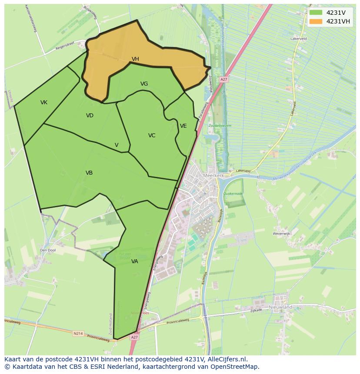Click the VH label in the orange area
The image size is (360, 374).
click(135, 59)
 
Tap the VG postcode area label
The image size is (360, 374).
click(144, 84)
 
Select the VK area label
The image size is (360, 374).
click(44, 103)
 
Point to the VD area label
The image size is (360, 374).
click(90, 116)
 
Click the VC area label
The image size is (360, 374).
click(151, 136)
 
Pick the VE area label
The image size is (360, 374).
click(183, 126)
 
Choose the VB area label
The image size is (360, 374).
click(89, 173)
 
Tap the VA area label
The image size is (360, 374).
click(134, 261)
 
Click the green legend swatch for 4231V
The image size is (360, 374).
click(316, 13)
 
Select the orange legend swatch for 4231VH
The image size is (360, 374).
click(316, 21)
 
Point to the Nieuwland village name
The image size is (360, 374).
click(280, 307)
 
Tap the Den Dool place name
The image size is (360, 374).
click(48, 250)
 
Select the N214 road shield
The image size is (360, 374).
click(78, 334)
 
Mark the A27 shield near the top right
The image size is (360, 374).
click(223, 79)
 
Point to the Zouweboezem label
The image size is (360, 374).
click(220, 126)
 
